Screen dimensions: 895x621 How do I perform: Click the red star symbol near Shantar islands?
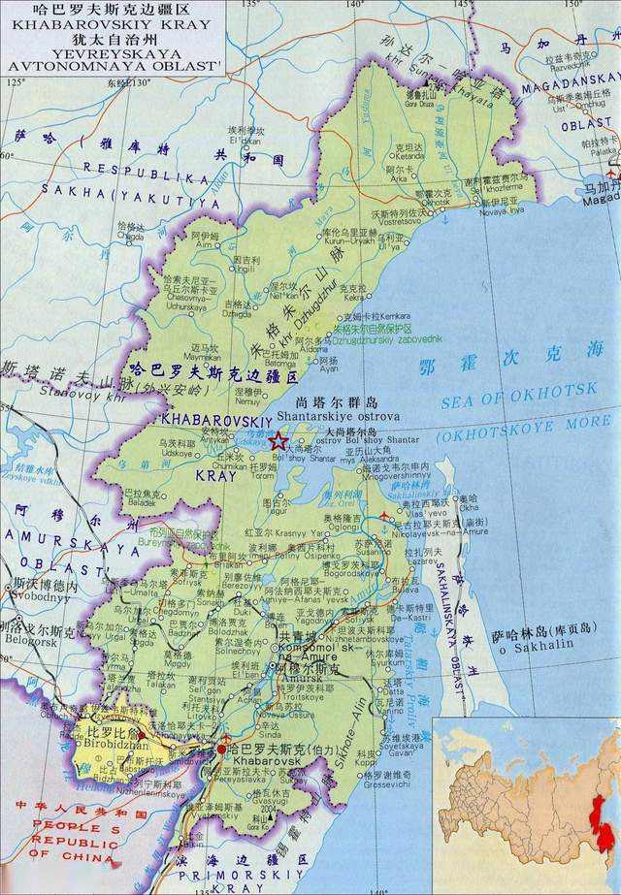(278, 441)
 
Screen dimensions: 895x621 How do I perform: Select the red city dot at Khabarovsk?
(222, 750)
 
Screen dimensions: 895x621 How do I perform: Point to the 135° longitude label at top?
(251, 6)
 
